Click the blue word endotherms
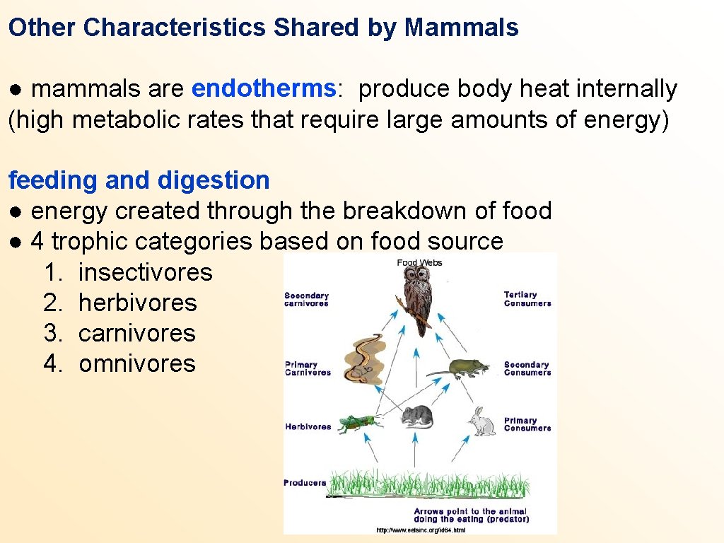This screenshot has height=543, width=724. (x=263, y=89)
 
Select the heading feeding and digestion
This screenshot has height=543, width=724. (x=139, y=180)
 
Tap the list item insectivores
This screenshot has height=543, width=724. (x=145, y=272)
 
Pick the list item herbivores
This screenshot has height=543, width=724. (x=138, y=303)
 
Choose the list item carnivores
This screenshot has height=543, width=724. (x=137, y=333)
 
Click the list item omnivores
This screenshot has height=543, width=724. (x=137, y=363)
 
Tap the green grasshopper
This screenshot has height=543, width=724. (x=358, y=423)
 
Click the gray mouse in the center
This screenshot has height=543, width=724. (x=417, y=417)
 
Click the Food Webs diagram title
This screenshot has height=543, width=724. (x=420, y=263)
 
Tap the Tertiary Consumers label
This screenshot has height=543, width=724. (x=527, y=299)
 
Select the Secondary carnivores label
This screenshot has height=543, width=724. (x=306, y=300)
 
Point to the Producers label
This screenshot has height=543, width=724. (x=305, y=483)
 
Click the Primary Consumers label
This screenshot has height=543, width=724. (x=527, y=424)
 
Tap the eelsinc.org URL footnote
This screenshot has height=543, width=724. (x=421, y=530)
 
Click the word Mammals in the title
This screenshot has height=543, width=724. (x=462, y=28)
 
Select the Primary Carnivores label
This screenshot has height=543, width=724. (x=308, y=368)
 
